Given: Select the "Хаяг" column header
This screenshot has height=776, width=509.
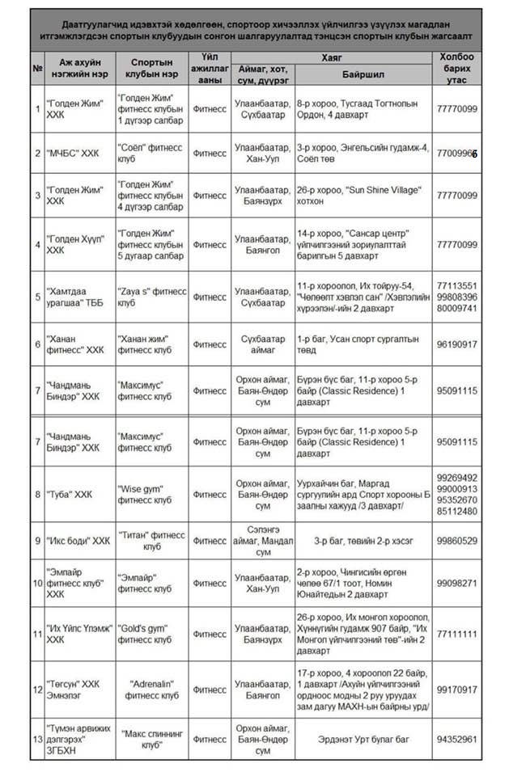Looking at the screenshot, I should point(331,57).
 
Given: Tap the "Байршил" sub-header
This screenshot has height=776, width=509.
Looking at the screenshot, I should point(362,73).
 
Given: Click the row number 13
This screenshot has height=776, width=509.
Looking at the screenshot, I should point(37,739).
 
